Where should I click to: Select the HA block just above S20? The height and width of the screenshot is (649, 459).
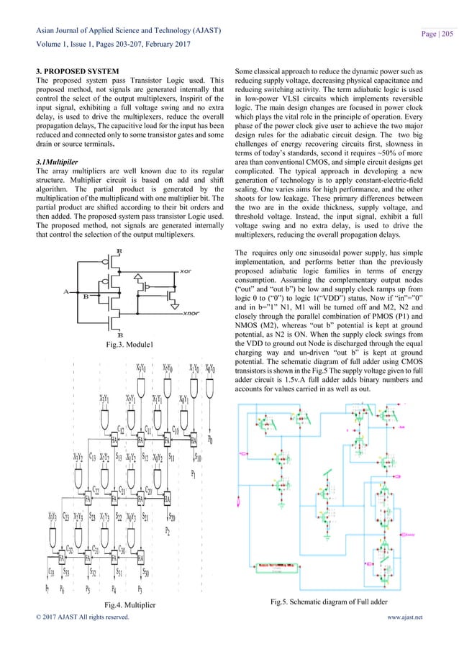point(167,498)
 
